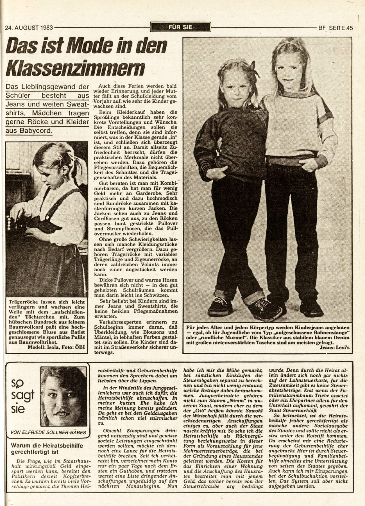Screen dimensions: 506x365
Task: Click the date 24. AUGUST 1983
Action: click(x=29, y=28)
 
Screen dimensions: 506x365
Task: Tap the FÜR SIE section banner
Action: click(x=180, y=27)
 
